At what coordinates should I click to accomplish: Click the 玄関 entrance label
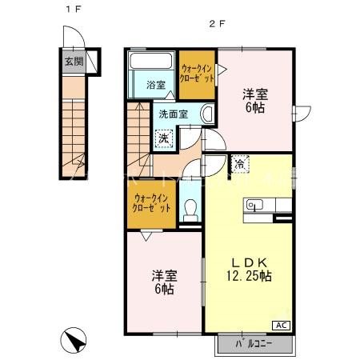coord(72,60)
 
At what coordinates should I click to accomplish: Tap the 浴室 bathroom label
coord(155,84)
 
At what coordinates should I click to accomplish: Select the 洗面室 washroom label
coord(173,114)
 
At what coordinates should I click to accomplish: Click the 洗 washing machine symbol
coord(163,138)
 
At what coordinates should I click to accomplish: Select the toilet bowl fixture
coord(190,209)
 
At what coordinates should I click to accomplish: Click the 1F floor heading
coord(71,10)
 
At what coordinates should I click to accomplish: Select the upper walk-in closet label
coord(197,75)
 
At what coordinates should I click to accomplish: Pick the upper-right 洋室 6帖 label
coord(254,99)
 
